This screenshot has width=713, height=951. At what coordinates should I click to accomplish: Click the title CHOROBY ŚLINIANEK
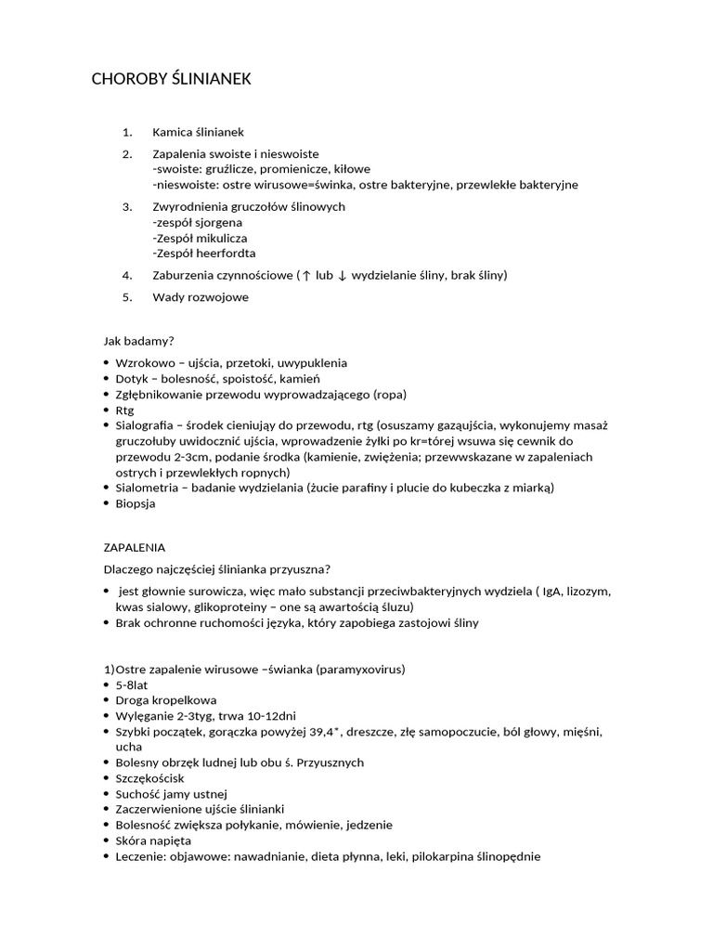point(171,80)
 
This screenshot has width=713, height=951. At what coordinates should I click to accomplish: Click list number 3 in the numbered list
point(128,206)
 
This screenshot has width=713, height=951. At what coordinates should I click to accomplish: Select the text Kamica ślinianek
point(198,132)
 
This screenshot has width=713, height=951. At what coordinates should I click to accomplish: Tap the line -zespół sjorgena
point(197,222)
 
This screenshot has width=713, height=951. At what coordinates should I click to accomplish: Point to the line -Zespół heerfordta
point(204,253)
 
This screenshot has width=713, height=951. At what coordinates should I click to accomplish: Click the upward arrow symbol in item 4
point(306,276)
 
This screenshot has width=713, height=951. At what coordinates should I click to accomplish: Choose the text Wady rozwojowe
point(201,297)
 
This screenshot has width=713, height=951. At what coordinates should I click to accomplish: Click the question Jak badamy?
point(137,341)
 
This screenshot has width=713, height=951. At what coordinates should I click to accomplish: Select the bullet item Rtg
point(124,410)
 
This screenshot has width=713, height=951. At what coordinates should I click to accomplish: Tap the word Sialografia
point(145,425)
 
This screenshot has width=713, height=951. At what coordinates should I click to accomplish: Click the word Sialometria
point(147,488)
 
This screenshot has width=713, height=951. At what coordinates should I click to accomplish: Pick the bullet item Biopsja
point(136,503)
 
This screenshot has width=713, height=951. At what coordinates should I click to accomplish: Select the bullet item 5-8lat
point(132,684)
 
